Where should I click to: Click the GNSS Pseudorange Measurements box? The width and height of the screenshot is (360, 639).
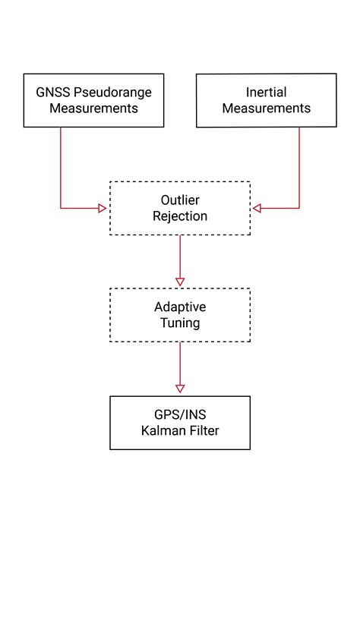coord(94,100)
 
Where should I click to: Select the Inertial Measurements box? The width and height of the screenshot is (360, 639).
coord(266,100)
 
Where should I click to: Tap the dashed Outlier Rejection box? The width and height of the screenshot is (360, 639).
coord(180,208)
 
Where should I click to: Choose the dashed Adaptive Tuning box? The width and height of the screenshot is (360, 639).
coord(180,315)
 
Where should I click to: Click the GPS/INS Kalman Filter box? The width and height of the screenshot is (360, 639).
coord(180,423)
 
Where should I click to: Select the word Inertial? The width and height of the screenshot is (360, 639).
coord(266,93)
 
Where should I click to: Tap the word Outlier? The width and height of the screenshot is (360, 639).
coord(180,200)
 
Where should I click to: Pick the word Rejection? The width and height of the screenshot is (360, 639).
coord(180,216)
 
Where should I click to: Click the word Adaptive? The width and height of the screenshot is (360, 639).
coord(180,307)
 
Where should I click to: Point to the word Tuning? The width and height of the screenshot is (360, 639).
coord(180,323)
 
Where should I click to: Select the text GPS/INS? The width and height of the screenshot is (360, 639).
coord(180,415)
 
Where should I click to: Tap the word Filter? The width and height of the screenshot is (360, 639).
coord(204,431)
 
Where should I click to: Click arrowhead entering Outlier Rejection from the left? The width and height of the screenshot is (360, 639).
coord(104,208)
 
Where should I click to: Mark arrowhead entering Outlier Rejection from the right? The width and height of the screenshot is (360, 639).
coord(257,208)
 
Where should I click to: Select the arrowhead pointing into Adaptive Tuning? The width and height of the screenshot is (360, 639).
coord(180,282)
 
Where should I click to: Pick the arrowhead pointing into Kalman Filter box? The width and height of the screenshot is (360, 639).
coord(180,390)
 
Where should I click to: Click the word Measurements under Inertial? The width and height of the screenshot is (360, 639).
coord(266,109)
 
